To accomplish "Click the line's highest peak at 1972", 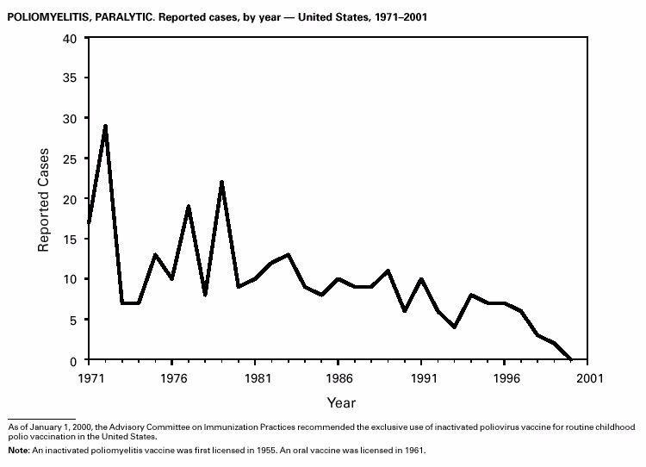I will coord(105,126).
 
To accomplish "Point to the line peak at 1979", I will coord(221,183).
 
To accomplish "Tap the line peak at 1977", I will coord(189,207).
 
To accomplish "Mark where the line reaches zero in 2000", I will coord(571,359).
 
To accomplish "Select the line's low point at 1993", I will coord(455,327).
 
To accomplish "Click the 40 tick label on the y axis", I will coord(70,38).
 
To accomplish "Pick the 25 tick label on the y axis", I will coord(70,159).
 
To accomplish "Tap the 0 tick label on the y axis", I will coord(74,360).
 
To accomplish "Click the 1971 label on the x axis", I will coord(89,377).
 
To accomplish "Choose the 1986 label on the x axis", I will coord(338,377).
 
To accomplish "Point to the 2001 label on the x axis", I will coord(588,377).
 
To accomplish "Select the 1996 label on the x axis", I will coord(505,377).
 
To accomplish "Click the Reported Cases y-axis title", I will coord(43,199).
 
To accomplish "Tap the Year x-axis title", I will coord(340,402).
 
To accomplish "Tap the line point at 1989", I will coord(388,271).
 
